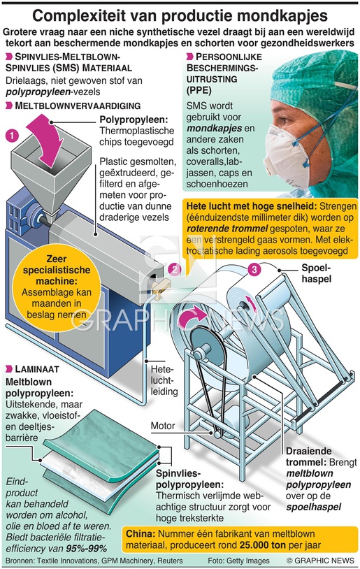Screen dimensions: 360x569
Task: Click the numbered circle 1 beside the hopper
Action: coord(12,136)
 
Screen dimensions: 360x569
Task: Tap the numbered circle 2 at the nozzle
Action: coord(175,269)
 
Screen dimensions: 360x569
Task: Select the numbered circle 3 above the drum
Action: coord(254,269)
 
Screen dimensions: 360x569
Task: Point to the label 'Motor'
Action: coord(163,426)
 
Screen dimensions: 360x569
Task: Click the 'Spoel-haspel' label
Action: coord(316,273)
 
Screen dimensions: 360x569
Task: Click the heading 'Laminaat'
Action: coord(37,369)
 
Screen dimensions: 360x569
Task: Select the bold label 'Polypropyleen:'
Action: coord(134,120)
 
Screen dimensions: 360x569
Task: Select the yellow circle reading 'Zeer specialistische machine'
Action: coord(57,287)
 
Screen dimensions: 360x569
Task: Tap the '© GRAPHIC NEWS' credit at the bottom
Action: coord(320,561)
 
